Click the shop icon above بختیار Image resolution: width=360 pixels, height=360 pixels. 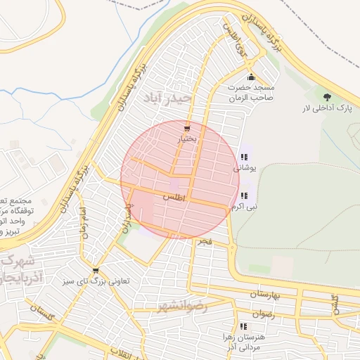(186, 129)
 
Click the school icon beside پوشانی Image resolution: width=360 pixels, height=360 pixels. (243, 157)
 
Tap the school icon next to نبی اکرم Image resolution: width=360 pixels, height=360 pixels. (243, 195)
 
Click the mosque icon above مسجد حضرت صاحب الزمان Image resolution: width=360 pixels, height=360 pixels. (251, 77)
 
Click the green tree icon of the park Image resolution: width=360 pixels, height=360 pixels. (326, 96)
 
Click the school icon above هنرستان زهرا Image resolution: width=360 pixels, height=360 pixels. (243, 326)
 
